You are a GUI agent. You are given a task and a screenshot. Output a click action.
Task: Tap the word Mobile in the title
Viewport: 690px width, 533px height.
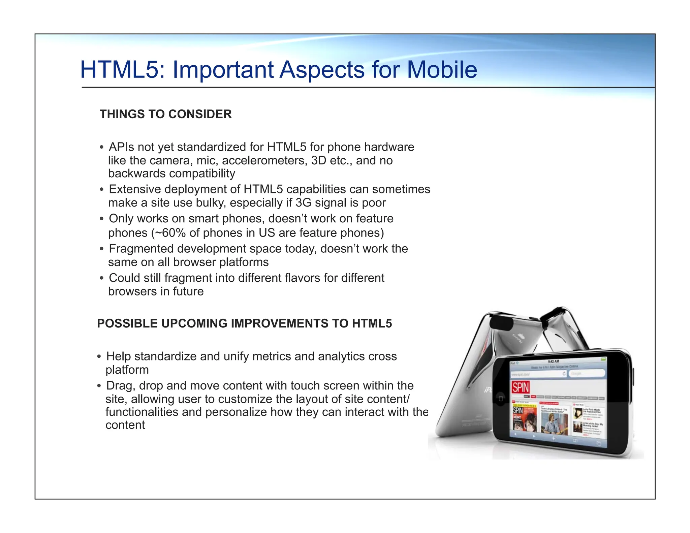[x=442, y=70]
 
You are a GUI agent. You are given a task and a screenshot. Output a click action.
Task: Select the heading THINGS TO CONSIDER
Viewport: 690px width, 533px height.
[x=165, y=114]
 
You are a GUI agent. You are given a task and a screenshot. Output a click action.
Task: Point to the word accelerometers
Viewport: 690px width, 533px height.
[x=264, y=161]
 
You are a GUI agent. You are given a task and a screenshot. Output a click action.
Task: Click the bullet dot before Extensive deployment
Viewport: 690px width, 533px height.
[x=101, y=190]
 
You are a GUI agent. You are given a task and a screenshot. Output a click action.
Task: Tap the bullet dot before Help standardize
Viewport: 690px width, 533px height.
[x=99, y=357]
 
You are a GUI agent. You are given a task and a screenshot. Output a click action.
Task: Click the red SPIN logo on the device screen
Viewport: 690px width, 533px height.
[x=521, y=387]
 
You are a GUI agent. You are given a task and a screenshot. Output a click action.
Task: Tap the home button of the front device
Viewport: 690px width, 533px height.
[x=501, y=399]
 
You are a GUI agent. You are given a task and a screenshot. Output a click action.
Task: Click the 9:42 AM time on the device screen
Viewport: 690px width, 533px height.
[x=553, y=362]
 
